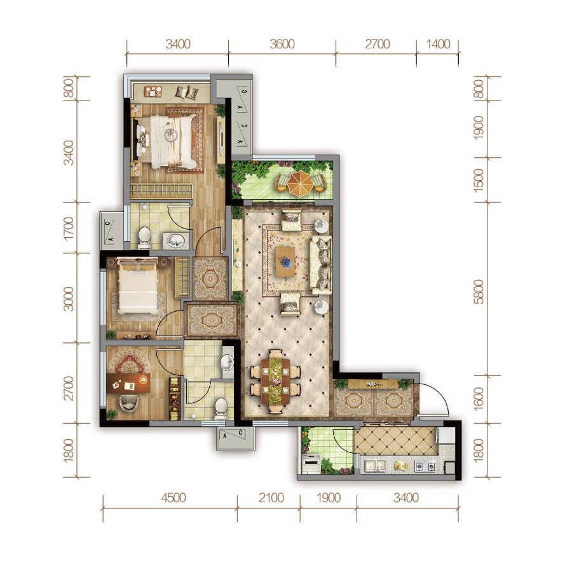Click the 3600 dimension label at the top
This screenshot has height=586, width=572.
coord(282,44)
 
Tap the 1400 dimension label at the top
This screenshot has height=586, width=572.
coord(438,44)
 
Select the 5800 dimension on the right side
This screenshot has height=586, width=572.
coord(479,291)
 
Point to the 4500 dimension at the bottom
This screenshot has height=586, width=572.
coord(174,498)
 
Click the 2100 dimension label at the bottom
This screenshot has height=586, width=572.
coord(271,498)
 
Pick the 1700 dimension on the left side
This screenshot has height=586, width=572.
coord(69,228)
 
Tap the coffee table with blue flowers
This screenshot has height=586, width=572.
coord(285,262)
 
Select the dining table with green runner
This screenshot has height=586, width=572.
coord(276,381)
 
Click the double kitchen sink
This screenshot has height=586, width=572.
coord(375,464)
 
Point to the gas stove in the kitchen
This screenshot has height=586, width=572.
coord(425,466)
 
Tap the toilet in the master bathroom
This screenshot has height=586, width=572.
coord(144,238)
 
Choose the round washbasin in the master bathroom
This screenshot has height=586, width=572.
coord(175,241)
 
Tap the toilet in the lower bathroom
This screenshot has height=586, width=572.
coord(221,407)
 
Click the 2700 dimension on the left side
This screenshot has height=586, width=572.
coord(69,388)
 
